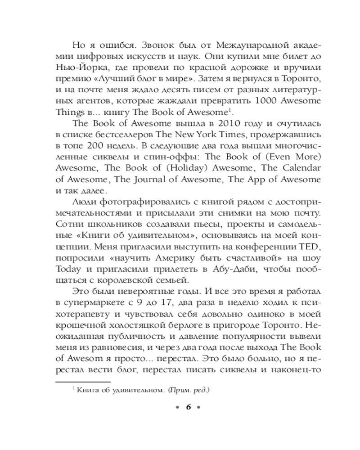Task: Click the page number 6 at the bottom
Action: (189, 407)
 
